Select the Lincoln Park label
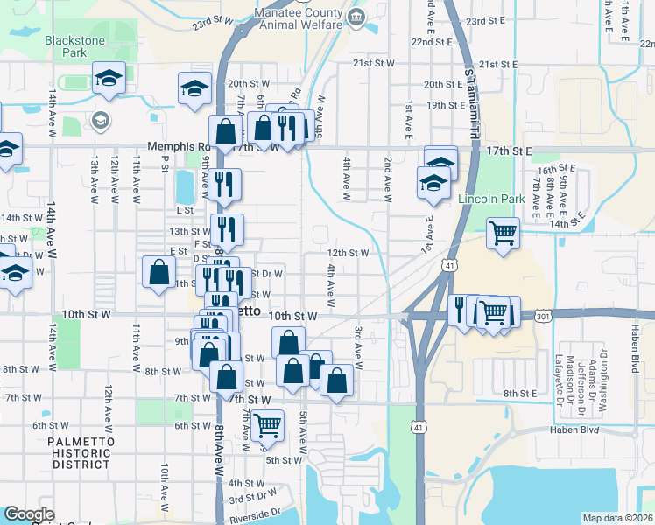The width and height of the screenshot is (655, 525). click(491, 199)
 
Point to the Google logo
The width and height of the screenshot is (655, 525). click(29, 514)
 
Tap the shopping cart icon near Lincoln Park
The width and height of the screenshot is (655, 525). click(503, 234)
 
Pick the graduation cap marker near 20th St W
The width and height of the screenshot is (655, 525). click(194, 87)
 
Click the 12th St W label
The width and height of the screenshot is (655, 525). click(348, 253)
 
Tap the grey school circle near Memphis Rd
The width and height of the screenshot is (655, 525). click(100, 120)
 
